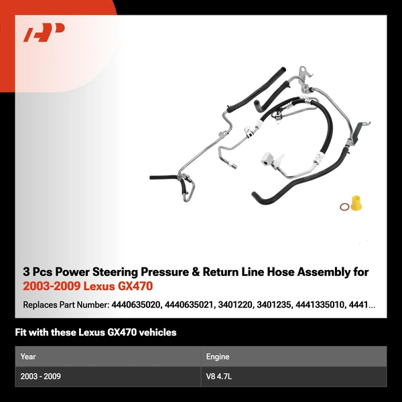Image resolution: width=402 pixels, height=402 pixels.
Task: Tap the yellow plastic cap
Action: [355, 202]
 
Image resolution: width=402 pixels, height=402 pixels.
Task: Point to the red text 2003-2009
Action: [48, 287]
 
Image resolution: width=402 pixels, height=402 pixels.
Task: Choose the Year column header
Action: [28, 356]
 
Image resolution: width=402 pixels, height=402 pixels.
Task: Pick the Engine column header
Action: [218, 356]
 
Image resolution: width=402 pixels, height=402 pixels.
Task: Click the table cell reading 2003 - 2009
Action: [40, 377]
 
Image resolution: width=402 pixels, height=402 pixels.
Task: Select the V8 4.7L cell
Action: [220, 377]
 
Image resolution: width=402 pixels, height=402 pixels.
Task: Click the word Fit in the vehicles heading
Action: [21, 332]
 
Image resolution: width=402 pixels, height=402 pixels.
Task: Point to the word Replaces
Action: [42, 305]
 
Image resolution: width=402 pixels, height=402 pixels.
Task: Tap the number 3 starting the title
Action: [26, 272]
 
